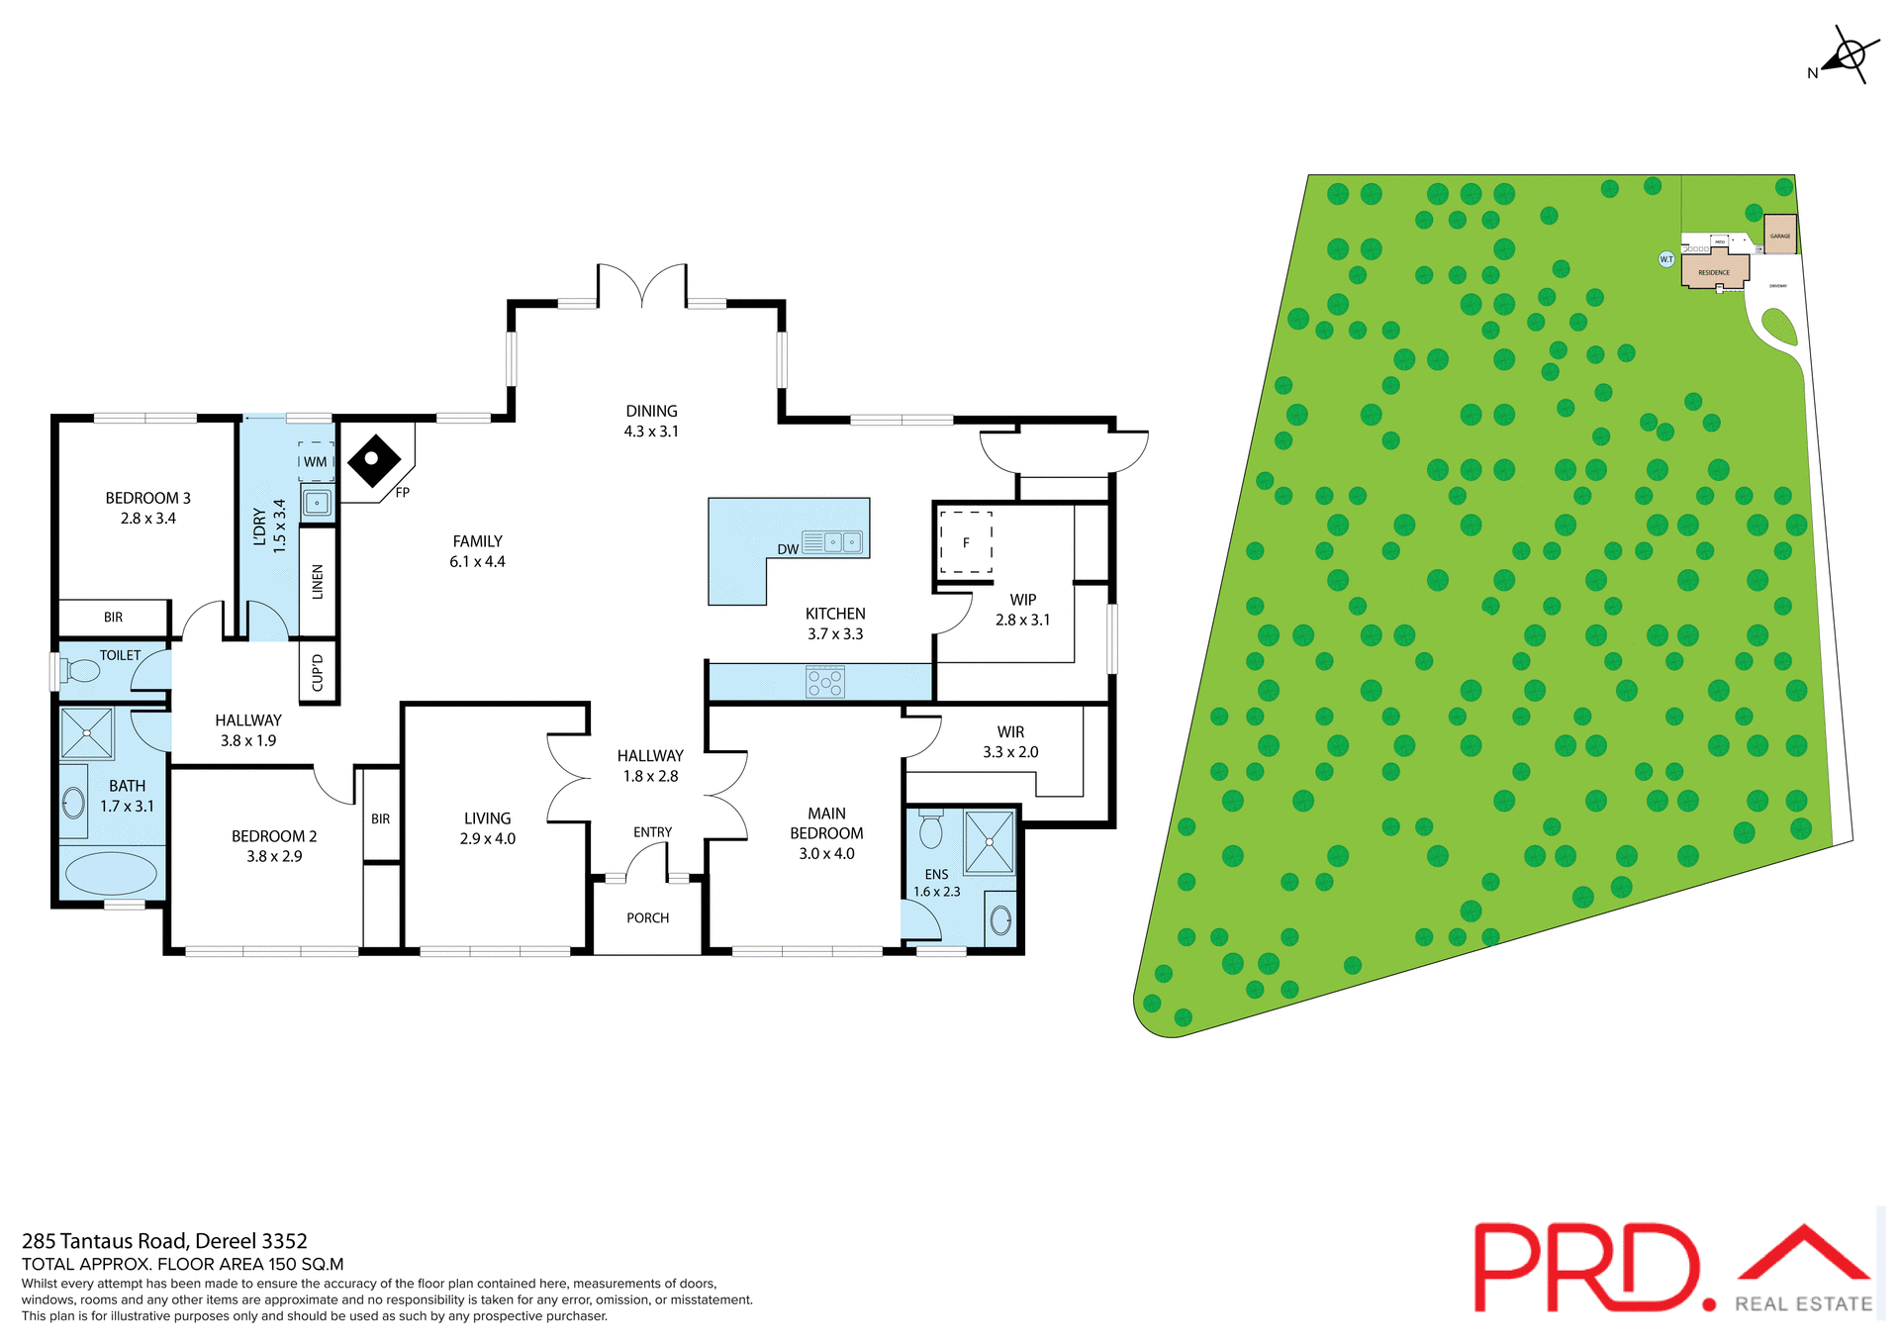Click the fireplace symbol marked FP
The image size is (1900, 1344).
tap(373, 460)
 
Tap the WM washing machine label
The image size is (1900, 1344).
tap(315, 462)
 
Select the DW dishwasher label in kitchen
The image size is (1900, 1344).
tap(788, 549)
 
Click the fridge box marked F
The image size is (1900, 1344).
tap(966, 542)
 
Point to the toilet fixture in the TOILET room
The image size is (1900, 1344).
tap(81, 671)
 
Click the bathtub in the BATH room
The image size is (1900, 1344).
tap(111, 874)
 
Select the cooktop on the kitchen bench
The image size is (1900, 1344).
tap(825, 682)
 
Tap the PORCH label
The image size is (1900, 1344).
tap(647, 918)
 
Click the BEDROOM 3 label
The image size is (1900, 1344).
tap(148, 498)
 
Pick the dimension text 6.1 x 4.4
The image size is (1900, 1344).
tap(477, 562)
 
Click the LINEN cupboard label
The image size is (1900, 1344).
tap(318, 582)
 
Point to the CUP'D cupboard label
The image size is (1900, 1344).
tap(318, 673)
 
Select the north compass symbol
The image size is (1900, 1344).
tap(1847, 55)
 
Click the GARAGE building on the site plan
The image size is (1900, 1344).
tap(1780, 236)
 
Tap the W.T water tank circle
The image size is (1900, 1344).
tap(1666, 259)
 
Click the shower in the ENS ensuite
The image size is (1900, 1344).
tap(990, 842)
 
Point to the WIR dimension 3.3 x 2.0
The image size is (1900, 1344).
tap(1010, 752)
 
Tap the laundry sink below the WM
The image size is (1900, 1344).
tap(317, 503)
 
